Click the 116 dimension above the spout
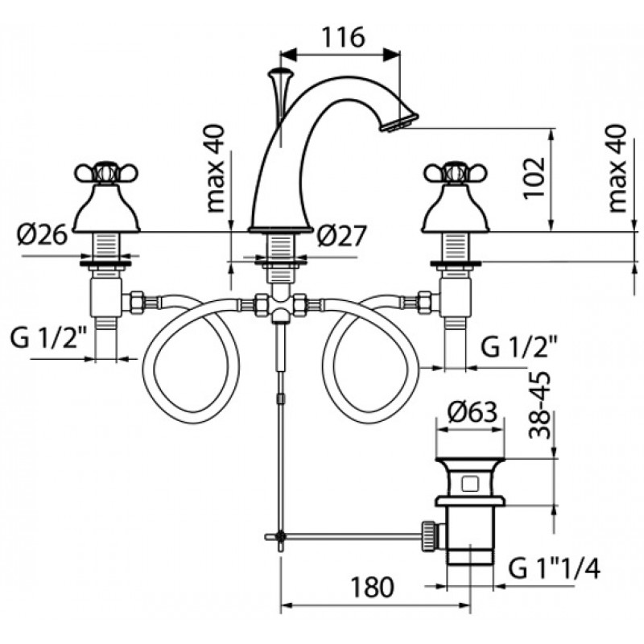(x=343, y=37)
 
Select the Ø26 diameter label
(x=42, y=235)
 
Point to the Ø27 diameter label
(x=341, y=236)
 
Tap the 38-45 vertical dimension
(x=539, y=405)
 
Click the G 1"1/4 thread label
(x=554, y=569)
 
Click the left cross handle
(x=106, y=172)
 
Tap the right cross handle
(x=456, y=172)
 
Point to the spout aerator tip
(x=399, y=122)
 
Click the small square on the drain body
(x=469, y=484)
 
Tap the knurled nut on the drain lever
(x=427, y=535)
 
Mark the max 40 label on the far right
(x=617, y=168)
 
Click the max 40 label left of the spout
(x=216, y=168)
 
